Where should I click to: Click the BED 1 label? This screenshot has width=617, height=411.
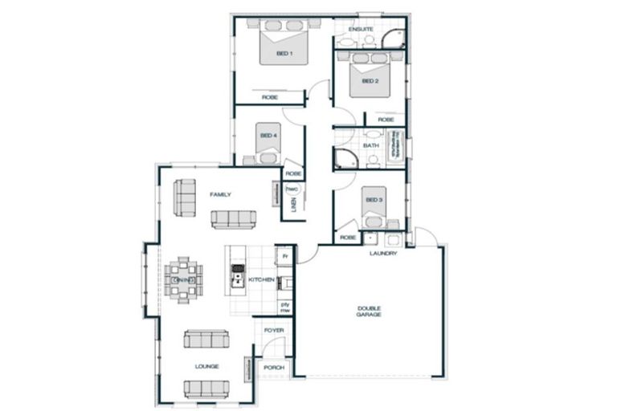point(284,54)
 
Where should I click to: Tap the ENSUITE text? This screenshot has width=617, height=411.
point(361,29)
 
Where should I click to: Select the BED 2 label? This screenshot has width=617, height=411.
point(370,81)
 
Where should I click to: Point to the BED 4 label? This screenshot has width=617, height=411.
point(268,136)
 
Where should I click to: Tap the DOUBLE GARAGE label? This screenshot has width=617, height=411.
point(370,311)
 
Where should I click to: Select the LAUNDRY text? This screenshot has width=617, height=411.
point(383,254)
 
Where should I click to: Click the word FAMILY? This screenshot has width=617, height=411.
point(220,195)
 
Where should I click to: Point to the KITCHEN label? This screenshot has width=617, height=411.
point(261,279)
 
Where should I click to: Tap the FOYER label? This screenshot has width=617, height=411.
point(274,330)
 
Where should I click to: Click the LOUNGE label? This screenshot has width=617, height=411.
point(206,366)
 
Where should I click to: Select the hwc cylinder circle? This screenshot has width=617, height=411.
point(292,190)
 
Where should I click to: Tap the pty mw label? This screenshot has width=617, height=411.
point(284,307)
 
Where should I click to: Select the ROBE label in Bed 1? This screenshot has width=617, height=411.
point(270,97)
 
